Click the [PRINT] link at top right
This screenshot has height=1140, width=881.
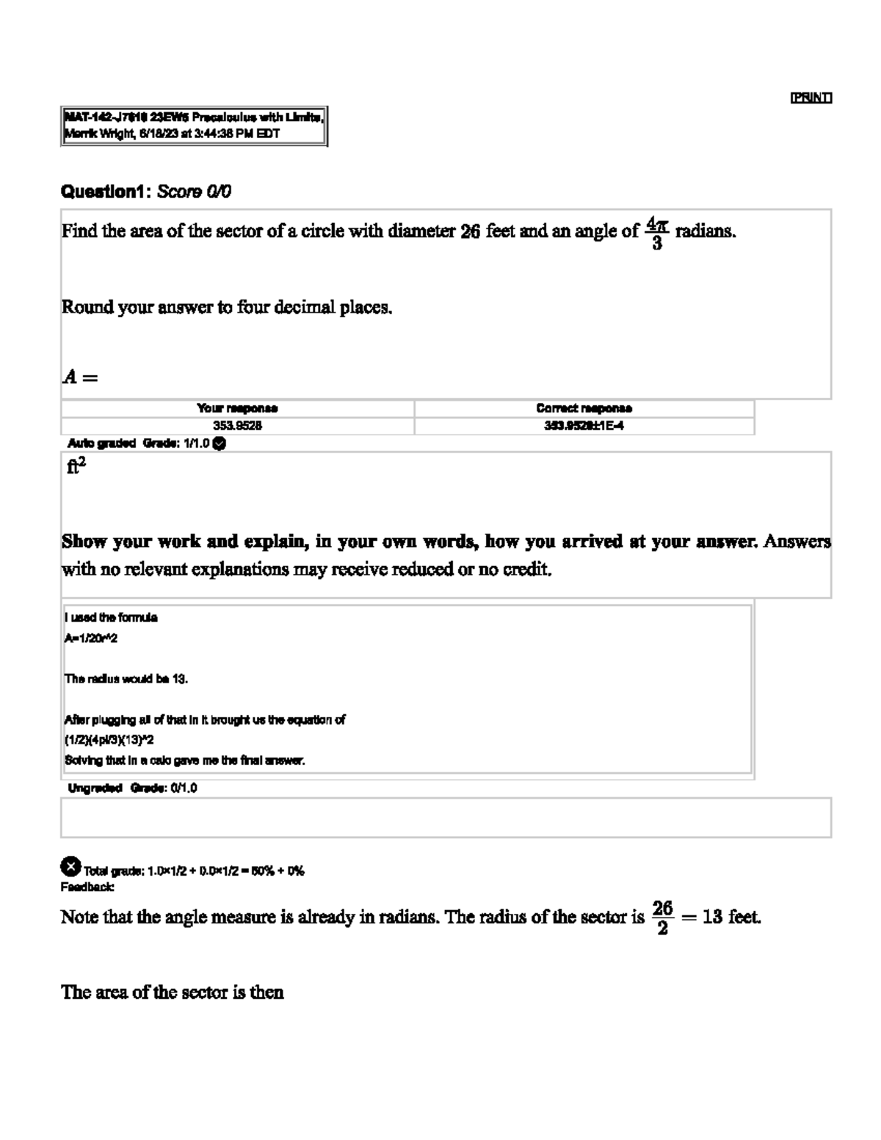811,98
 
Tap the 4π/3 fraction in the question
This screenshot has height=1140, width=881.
656,232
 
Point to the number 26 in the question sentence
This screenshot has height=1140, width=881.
470,232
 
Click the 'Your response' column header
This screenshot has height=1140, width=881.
237,408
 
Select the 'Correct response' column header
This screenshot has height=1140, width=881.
584,408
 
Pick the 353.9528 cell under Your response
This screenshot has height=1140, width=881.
237,426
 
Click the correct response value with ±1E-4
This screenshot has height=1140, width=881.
584,426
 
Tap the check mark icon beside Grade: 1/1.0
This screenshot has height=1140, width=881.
219,443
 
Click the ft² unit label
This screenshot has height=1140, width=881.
76,466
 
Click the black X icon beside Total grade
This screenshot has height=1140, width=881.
70,867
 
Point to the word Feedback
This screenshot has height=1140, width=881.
87,887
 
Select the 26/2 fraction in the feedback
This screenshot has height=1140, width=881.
662,918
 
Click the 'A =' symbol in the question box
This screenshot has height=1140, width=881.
80,377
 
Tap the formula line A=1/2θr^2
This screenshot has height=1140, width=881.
91,639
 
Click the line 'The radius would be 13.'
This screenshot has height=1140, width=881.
126,679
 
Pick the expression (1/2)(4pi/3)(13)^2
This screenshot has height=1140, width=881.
109,740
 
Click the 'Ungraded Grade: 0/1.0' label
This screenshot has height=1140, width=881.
132,788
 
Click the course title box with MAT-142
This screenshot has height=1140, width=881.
194,126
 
